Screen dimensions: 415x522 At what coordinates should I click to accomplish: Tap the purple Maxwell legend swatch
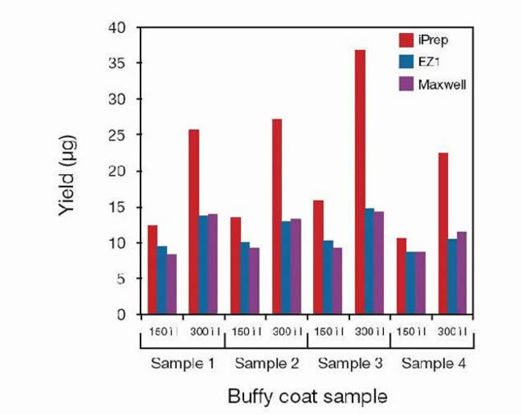click(407, 83)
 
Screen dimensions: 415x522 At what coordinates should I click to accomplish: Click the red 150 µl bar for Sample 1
click(153, 270)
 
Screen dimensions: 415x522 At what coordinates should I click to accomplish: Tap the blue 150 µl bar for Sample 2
click(245, 278)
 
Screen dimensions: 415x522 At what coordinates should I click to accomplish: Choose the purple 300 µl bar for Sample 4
click(462, 273)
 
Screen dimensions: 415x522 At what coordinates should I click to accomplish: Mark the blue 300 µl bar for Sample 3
click(369, 261)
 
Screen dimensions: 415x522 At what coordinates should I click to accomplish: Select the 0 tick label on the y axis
click(123, 315)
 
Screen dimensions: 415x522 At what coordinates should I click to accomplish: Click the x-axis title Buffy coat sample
click(308, 396)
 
